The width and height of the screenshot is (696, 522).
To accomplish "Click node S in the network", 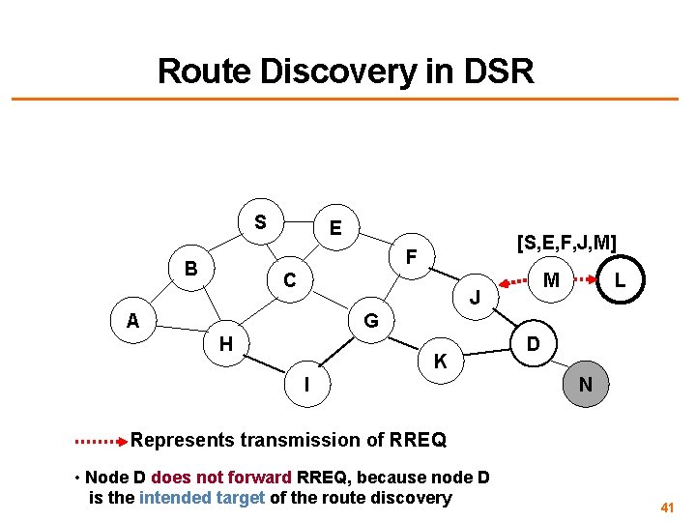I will click(260, 222).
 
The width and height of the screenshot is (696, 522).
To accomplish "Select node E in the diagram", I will click(334, 229).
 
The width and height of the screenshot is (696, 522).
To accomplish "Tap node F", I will click(412, 258).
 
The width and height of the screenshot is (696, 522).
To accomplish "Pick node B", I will click(191, 268).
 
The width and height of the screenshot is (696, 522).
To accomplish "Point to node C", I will click(288, 281).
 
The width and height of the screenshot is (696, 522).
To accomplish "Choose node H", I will click(225, 343).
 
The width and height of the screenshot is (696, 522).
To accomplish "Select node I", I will click(306, 385).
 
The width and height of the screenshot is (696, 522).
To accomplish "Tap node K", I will click(440, 362).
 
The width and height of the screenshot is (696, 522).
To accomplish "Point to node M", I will click(551, 280).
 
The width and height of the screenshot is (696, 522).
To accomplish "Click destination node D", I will click(533, 343).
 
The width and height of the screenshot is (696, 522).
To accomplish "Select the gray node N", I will click(585, 385).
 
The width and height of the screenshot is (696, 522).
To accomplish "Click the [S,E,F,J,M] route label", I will click(566, 241).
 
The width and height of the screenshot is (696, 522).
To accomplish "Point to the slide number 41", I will click(667, 507).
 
